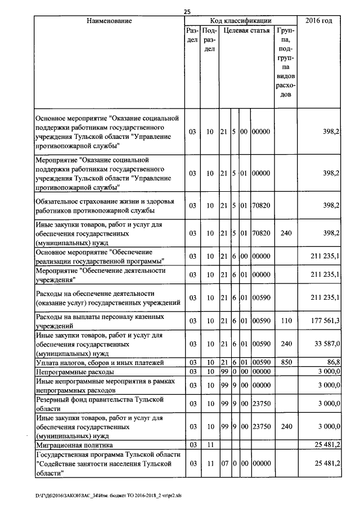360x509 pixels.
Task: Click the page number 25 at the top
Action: pos(188,11)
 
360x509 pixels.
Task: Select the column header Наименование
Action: pos(109,21)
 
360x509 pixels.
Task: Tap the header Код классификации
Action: pos(240,21)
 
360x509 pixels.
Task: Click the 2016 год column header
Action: pos(318,21)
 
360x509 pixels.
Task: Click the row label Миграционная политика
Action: pos(74,445)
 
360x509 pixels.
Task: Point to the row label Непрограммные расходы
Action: pos(74,372)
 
